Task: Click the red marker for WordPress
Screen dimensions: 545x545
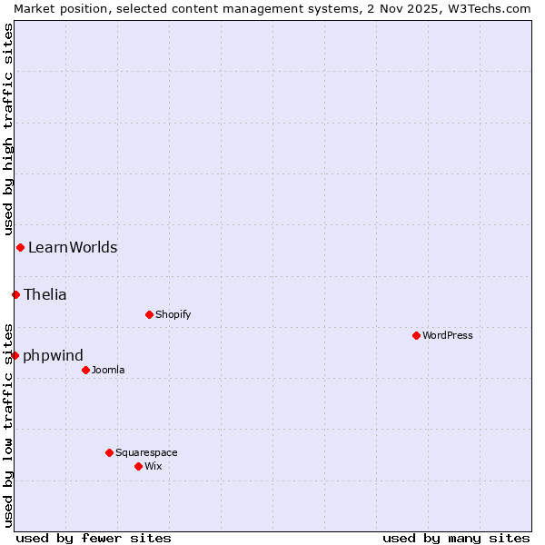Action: point(416,335)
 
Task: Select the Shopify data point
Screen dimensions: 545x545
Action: point(149,314)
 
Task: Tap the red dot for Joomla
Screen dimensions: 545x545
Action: point(85,370)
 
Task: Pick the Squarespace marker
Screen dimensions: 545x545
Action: point(109,452)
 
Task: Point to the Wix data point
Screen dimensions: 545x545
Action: point(138,466)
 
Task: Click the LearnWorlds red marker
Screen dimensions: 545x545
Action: point(20,247)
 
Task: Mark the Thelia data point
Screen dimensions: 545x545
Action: point(15,294)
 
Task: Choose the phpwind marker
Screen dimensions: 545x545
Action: point(15,355)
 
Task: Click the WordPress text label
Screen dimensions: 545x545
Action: point(448,335)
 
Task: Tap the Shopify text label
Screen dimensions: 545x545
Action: point(173,314)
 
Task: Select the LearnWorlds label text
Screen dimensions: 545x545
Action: point(73,247)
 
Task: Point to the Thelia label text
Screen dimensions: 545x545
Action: point(45,294)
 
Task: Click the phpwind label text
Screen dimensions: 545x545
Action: point(53,355)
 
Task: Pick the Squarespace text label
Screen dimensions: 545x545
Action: point(146,452)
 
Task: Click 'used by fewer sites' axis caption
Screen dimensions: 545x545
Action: point(94,538)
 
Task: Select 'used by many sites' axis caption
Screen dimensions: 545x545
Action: point(456,538)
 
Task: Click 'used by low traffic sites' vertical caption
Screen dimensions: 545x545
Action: point(8,424)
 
